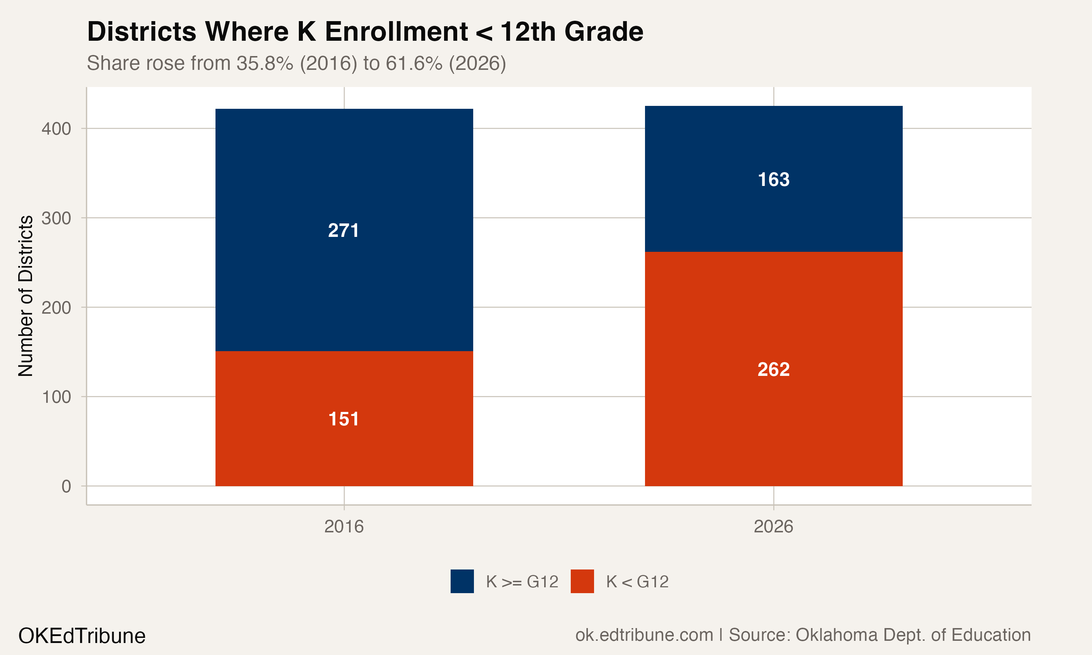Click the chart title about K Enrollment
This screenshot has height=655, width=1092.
pyautogui.click(x=365, y=32)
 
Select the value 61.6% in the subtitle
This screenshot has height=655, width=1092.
pyautogui.click(x=414, y=63)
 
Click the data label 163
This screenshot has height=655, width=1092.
pyautogui.click(x=773, y=180)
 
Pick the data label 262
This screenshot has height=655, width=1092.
pyautogui.click(x=773, y=369)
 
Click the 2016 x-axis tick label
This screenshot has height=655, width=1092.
pyautogui.click(x=344, y=527)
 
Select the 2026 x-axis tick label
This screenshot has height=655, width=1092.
pyautogui.click(x=773, y=527)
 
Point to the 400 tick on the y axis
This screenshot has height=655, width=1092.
pyautogui.click(x=56, y=129)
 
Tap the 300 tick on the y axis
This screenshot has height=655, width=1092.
pyautogui.click(x=56, y=218)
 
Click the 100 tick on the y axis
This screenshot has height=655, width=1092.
pyautogui.click(x=56, y=397)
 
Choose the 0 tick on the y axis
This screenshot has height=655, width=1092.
pyautogui.click(x=66, y=487)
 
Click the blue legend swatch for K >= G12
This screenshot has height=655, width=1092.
pyautogui.click(x=462, y=581)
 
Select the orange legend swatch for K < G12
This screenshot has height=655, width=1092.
pyautogui.click(x=582, y=581)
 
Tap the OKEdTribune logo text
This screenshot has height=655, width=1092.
pyautogui.click(x=82, y=636)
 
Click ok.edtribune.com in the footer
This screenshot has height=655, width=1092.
pyautogui.click(x=644, y=635)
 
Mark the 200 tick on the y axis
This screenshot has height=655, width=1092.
pyautogui.click(x=56, y=307)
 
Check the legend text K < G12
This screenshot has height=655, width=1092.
pyautogui.click(x=637, y=582)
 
